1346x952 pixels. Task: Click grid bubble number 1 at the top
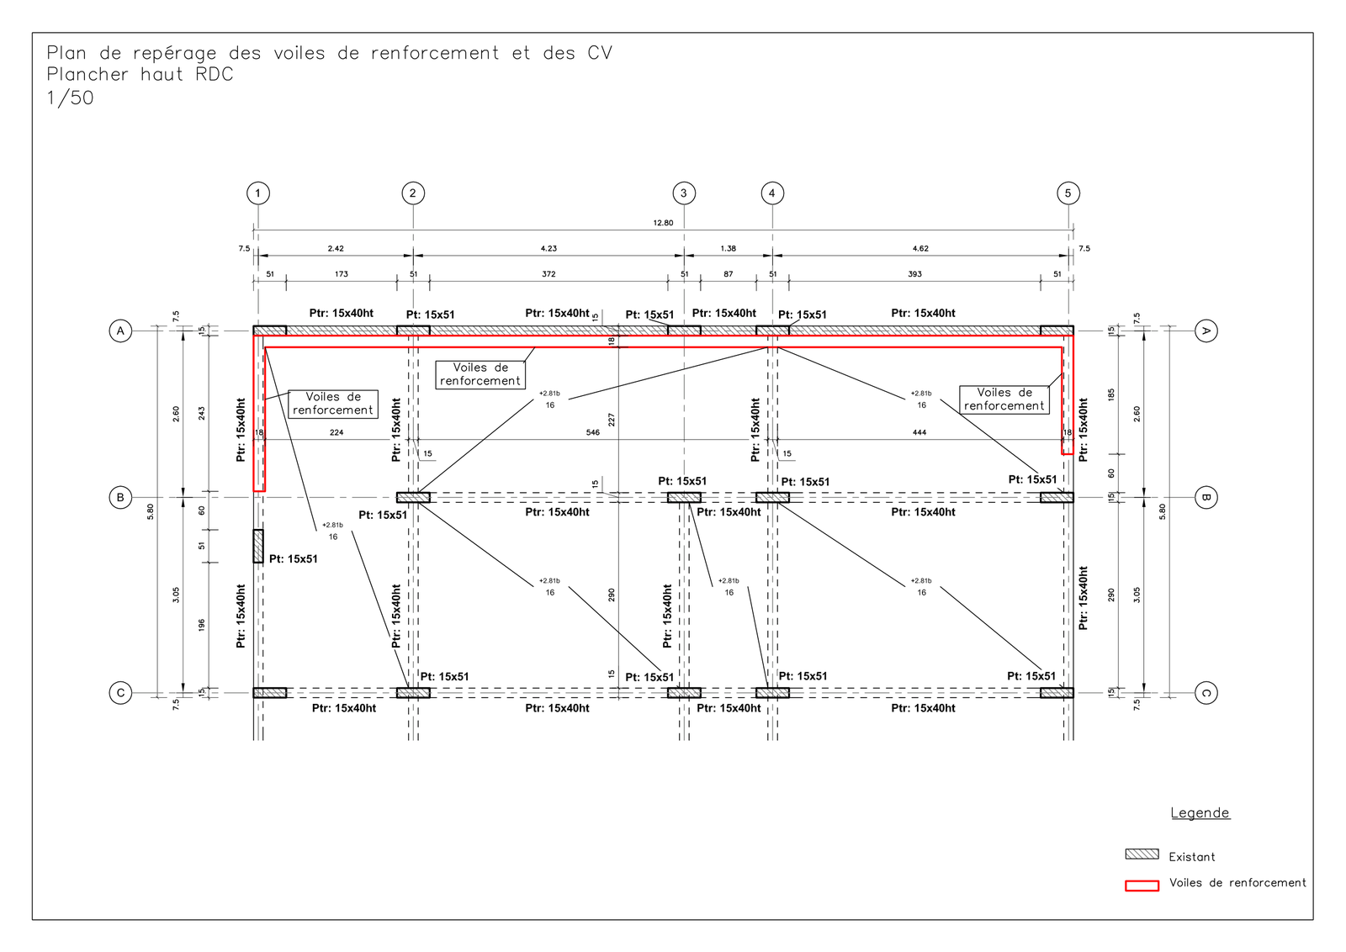[x=258, y=193]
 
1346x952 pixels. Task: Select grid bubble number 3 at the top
[x=684, y=193]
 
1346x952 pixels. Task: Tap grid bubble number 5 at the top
[x=1068, y=193]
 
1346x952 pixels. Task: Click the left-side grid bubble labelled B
[x=120, y=497]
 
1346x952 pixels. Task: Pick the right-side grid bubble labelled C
[x=1206, y=693]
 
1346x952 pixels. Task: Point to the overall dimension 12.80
[x=664, y=223]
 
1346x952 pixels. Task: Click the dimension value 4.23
[x=548, y=248]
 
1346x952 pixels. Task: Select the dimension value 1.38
[x=729, y=248]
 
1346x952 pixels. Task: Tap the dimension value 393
[x=914, y=274]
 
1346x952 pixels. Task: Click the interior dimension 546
[x=592, y=432]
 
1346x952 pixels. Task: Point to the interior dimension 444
[x=919, y=432]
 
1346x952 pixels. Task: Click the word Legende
[x=1200, y=812]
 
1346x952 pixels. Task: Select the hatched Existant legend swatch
[x=1142, y=854]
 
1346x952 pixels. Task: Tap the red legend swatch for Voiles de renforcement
[x=1142, y=886]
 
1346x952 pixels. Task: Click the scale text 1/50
[x=71, y=98]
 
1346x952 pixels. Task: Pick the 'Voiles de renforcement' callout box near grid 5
[x=1004, y=399]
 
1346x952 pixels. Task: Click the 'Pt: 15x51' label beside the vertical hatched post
[x=294, y=559]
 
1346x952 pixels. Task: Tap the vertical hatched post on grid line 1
[x=257, y=546]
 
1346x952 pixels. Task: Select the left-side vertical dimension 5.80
[x=151, y=511]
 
